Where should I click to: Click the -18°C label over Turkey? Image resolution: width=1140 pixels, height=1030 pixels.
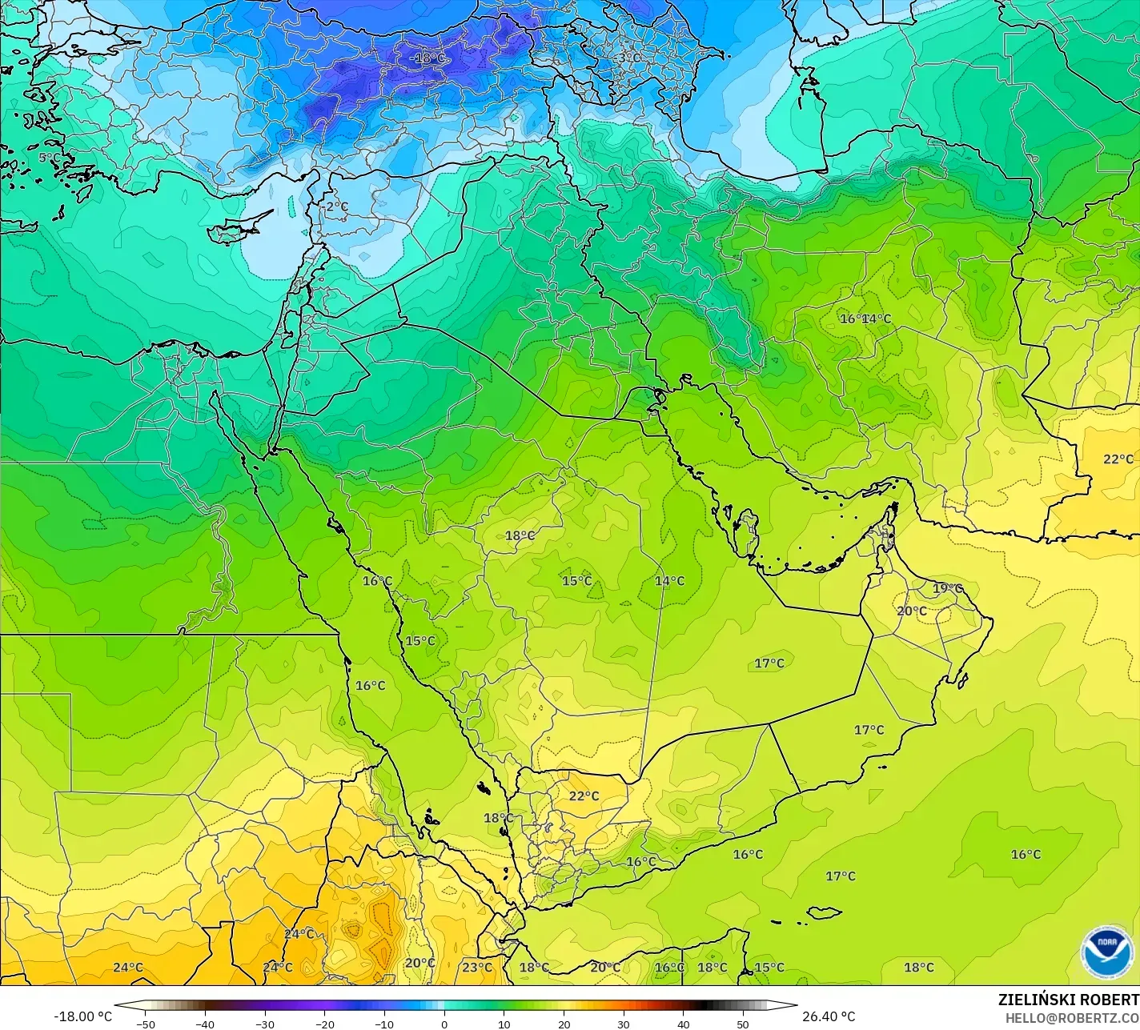tap(427, 58)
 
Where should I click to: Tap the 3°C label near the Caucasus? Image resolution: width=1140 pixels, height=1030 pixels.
tap(629, 58)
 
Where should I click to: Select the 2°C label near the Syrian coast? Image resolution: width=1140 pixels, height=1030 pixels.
tap(337, 206)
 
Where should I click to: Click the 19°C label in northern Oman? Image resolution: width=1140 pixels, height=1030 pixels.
tap(948, 588)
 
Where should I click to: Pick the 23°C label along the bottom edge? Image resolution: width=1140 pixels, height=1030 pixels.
tap(477, 968)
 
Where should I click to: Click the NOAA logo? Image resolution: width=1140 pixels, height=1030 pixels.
tap(1107, 952)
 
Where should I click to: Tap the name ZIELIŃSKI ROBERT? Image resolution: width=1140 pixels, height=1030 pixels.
tap(1068, 1000)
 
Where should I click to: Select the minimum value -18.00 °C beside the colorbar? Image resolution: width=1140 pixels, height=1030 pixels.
tap(82, 1016)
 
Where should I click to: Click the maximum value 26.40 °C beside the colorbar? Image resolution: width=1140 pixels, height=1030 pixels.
tap(829, 1016)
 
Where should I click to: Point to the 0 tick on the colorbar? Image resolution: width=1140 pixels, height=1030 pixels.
tap(444, 1024)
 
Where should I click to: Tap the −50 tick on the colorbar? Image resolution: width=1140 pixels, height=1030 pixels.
tap(145, 1024)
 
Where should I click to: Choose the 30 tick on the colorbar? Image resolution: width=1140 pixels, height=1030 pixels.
tap(624, 1024)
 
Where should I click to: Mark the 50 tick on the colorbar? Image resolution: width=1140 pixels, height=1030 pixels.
tap(743, 1024)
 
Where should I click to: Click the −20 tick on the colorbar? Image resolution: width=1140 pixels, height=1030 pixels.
tap(324, 1024)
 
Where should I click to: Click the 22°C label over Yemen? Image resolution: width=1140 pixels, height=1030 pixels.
tap(584, 796)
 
